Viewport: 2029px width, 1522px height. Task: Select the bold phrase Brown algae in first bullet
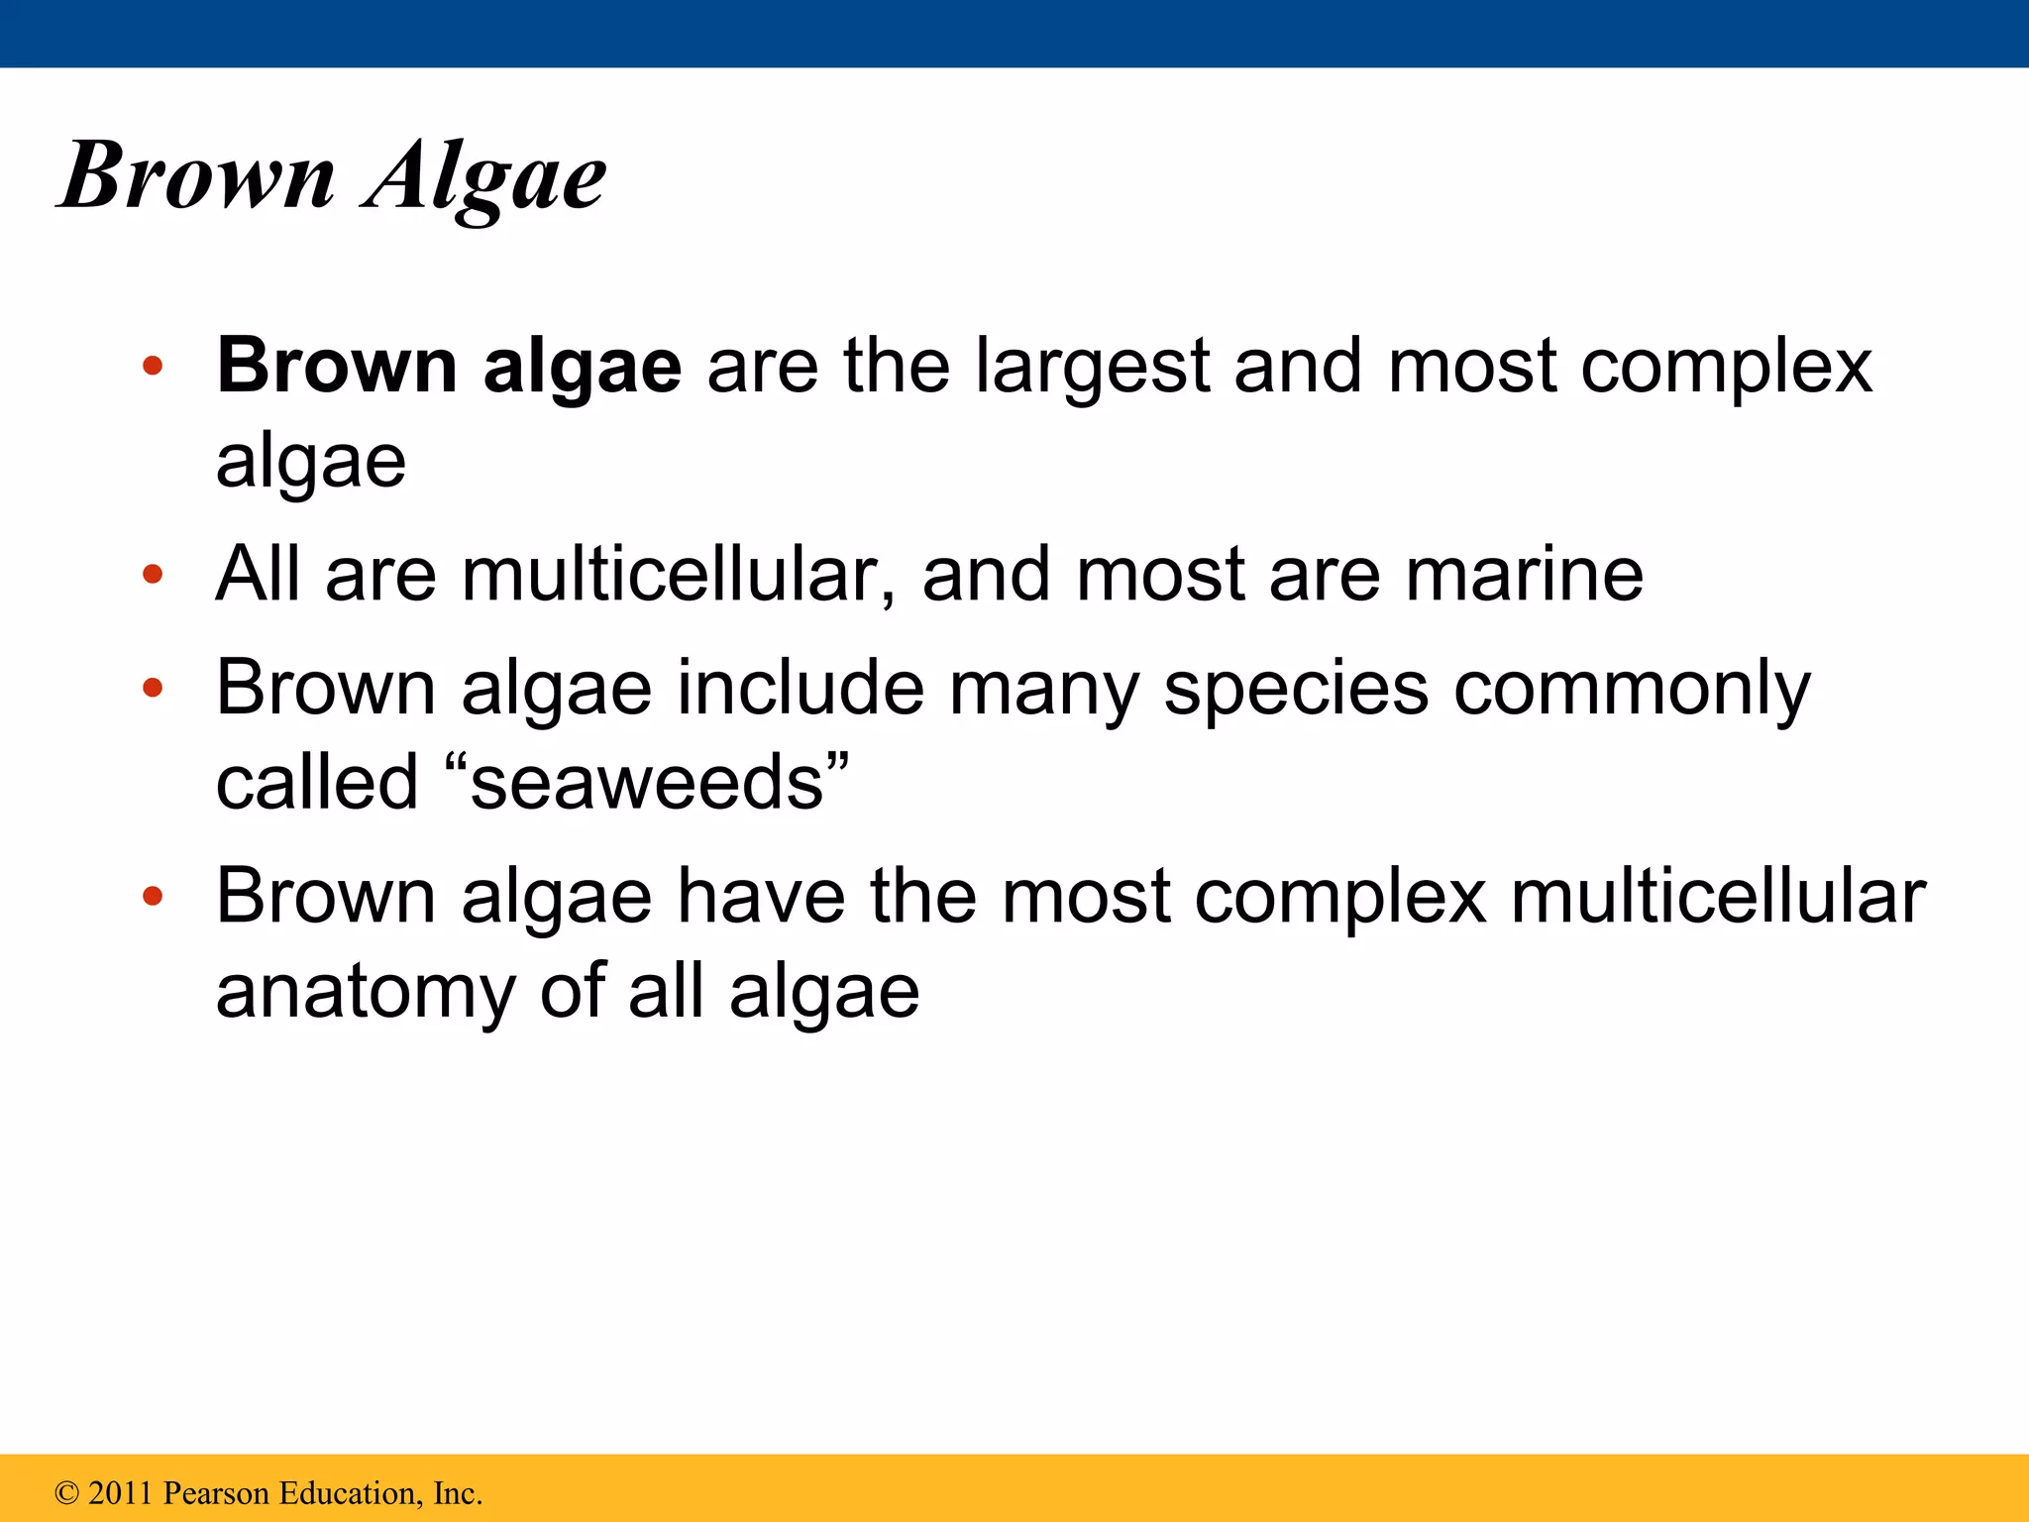coord(449,367)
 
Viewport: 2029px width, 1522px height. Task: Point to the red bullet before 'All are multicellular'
coord(152,574)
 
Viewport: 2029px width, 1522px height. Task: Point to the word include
coord(801,688)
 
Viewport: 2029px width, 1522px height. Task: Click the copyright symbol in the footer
coord(66,1493)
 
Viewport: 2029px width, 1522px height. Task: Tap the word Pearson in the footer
coord(217,1493)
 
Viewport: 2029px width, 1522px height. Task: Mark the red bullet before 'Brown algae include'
coord(152,688)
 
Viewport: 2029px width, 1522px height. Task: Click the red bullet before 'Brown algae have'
coord(152,897)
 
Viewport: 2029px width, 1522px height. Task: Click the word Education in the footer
coord(351,1493)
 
